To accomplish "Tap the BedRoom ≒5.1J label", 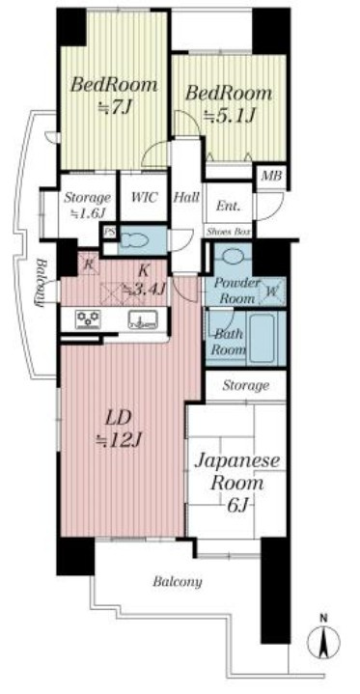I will (x=229, y=104).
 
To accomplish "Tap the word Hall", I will (x=187, y=198).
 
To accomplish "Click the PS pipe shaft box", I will (x=110, y=233).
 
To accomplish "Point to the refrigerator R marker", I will (x=88, y=266).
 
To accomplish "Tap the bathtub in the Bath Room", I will (x=259, y=337).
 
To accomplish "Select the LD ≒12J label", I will (x=122, y=430).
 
